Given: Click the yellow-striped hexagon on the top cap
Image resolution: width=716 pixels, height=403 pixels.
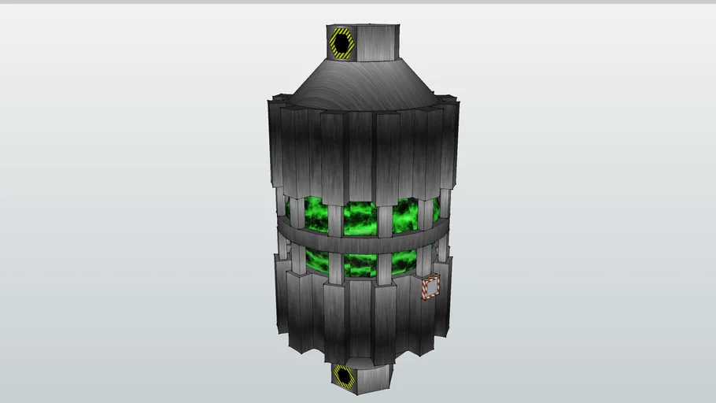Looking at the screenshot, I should [x=341, y=43].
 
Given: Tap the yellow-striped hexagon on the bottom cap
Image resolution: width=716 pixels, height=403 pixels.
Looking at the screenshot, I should [x=344, y=375].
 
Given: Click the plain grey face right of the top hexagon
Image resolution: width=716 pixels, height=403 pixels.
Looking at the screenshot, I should [x=378, y=43].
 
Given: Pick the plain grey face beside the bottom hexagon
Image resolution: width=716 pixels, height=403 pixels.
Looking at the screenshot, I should [x=375, y=377].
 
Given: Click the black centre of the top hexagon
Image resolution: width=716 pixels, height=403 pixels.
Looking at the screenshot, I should [x=341, y=43].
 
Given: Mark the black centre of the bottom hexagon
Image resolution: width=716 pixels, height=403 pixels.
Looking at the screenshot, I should [x=344, y=375].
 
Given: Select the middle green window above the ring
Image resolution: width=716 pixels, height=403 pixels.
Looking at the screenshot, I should [x=360, y=219].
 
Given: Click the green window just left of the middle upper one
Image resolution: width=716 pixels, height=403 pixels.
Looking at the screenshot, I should [x=316, y=215].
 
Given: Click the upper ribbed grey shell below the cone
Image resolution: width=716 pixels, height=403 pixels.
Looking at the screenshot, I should [x=361, y=150].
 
